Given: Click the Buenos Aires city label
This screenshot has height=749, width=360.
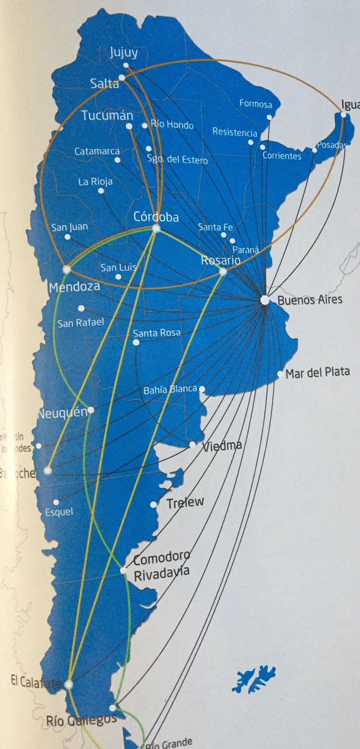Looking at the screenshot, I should [306, 300].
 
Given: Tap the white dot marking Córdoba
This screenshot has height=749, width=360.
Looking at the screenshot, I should [156, 229].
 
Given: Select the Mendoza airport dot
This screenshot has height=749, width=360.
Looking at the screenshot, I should [67, 270].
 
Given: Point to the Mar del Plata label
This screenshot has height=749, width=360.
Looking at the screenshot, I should [318, 373].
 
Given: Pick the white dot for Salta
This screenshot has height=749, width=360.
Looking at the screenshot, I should [122, 77].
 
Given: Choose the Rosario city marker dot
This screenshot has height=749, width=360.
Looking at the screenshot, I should [223, 272].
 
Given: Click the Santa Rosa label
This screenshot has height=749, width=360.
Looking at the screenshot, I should [157, 333].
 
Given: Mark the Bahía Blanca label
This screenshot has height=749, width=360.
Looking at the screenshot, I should [170, 390].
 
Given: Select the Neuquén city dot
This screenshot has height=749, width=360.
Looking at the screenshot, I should [91, 410].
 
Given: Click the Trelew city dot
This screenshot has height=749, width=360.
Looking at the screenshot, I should [153, 504].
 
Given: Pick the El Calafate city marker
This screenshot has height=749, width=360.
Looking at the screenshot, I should [68, 685].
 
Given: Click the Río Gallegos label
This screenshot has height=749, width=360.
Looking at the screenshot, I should [81, 720].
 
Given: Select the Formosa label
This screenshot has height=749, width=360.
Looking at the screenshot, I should [256, 104].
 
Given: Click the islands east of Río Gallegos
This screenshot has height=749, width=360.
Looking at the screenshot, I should [254, 678].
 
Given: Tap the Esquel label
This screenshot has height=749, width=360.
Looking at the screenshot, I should [59, 512].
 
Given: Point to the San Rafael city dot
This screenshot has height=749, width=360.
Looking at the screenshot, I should [81, 308].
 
